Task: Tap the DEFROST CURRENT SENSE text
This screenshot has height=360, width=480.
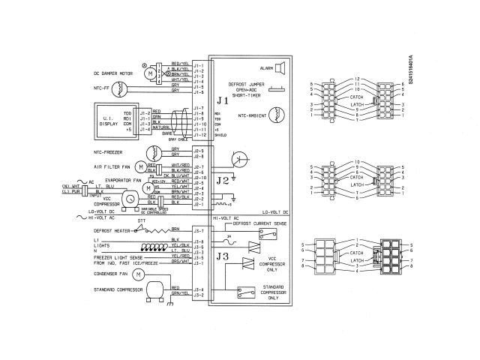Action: [259, 223]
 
